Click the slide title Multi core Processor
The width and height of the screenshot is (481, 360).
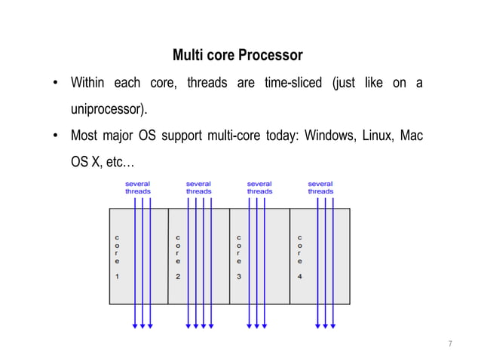[x=237, y=56]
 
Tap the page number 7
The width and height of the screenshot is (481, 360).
[x=450, y=344]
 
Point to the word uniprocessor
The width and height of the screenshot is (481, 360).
[x=109, y=109]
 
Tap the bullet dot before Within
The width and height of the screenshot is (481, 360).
[x=56, y=83]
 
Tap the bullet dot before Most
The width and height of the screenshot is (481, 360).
[x=56, y=136]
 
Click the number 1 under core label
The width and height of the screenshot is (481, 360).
[x=117, y=276]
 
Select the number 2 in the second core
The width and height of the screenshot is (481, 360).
[x=178, y=276]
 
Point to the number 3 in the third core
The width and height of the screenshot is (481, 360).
[x=238, y=276]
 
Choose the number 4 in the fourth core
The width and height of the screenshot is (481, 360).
[x=299, y=276]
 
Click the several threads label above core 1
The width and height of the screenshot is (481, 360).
[x=137, y=188]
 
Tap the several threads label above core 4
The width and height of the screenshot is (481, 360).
[x=320, y=188]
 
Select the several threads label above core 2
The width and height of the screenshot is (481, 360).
[x=198, y=188]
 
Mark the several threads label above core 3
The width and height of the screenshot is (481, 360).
[x=259, y=188]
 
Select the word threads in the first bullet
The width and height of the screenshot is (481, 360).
[x=207, y=83]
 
